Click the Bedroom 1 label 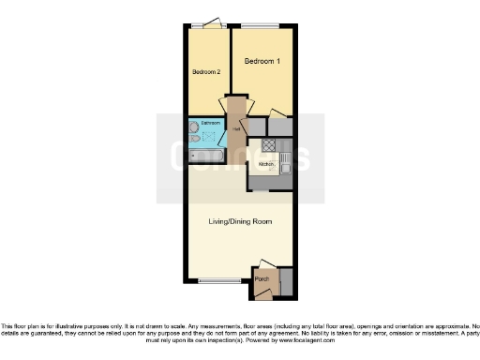point(262,61)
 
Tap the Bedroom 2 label point(206,72)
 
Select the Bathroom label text point(210,123)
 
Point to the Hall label point(236,129)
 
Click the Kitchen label point(265,164)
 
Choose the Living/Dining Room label point(240,221)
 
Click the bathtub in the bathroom point(206,155)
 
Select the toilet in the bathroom point(194,138)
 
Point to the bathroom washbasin point(194,126)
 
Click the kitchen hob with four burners point(269,145)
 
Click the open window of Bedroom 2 point(208,23)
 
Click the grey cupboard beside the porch point(286,280)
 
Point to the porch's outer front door point(263,294)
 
